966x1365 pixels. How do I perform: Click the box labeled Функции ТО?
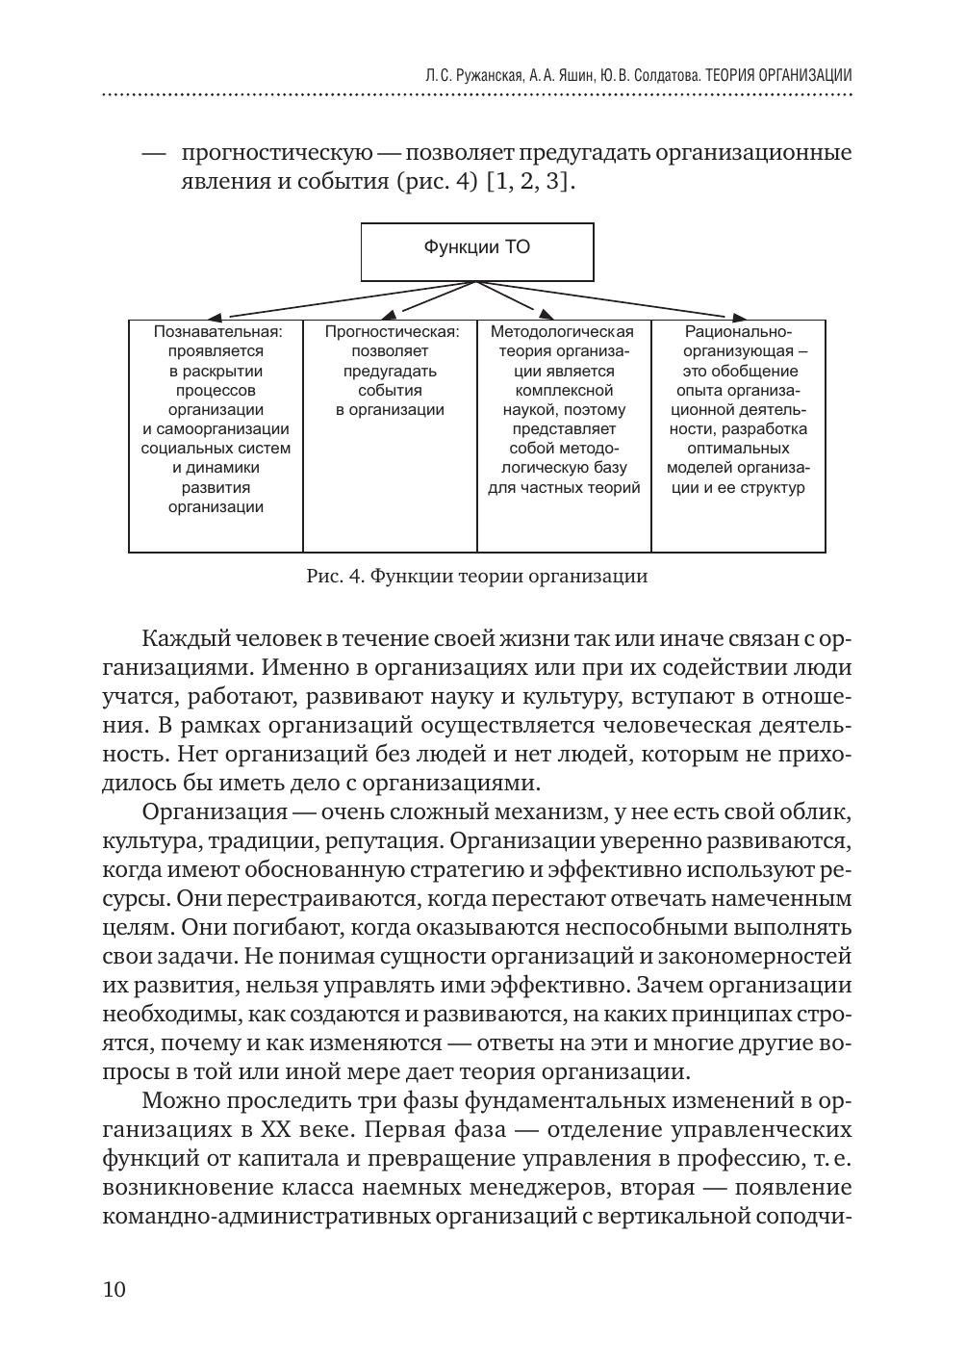coord(476,252)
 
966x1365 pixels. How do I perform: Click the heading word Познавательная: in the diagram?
coord(217,332)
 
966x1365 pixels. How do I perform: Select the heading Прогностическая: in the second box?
coord(391,332)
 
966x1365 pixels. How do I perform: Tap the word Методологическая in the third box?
coord(563,332)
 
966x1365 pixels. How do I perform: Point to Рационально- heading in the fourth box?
coord(738,332)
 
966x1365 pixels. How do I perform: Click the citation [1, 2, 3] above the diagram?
coord(530,182)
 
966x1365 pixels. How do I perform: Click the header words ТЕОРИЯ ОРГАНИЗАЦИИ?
coord(778,74)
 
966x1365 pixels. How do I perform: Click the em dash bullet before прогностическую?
coord(154,153)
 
